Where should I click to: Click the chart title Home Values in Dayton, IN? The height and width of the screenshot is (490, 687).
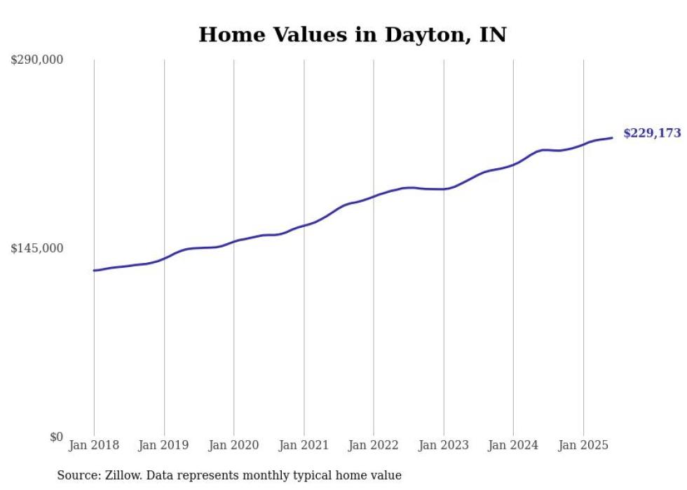pos(352,34)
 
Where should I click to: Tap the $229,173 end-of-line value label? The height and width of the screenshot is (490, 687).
pos(651,133)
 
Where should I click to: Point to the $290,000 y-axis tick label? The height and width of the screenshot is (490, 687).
pos(37,60)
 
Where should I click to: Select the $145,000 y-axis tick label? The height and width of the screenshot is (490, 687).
pos(37,248)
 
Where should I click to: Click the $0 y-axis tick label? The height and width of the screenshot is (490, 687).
pos(57,437)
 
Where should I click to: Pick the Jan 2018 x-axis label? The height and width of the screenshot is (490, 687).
pos(94,445)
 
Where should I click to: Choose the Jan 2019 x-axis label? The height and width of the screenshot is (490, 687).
pos(164,445)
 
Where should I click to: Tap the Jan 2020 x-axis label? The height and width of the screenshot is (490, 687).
pos(233,445)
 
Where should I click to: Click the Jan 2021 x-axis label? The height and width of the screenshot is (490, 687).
pos(304,445)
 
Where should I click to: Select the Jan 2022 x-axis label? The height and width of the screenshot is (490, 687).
pos(374,445)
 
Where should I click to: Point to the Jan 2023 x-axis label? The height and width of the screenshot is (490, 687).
pos(443,445)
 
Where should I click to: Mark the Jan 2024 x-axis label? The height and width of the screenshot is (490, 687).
pos(513,445)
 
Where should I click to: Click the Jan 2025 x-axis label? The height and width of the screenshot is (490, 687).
pos(583,445)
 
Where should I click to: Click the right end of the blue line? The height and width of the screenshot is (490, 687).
pos(612,137)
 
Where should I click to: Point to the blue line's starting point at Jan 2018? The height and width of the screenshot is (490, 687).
pos(94,270)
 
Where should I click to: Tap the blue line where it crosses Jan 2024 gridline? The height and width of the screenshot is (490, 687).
pos(513,165)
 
